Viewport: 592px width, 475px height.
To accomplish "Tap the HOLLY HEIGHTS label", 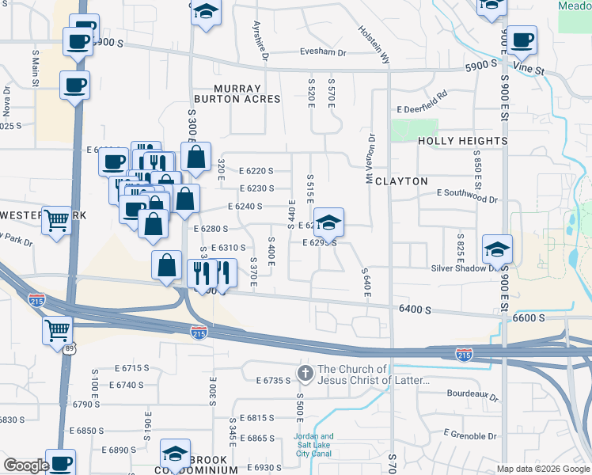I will coord(462,141).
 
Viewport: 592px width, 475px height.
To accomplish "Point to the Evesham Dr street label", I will coord(324,52).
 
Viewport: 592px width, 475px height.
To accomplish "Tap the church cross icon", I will coord(305,372).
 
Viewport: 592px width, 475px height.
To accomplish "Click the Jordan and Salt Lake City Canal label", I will coord(314,441).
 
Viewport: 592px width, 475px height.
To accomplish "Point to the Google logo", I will coord(25,465).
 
